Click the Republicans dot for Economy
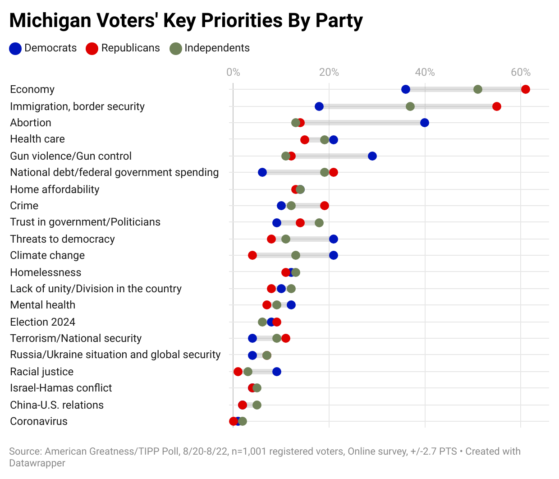coord(525,89)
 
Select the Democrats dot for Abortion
coord(424,123)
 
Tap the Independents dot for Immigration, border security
coord(410,106)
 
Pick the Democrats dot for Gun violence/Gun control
coord(372,156)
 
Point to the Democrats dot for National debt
coord(262,172)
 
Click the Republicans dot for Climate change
coord(252,255)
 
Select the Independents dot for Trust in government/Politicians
coord(319,223)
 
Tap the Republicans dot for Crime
coord(324,206)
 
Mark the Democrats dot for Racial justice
coord(277,372)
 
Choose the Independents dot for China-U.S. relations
coord(257,405)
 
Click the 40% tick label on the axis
coord(425,72)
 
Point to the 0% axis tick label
coord(233,72)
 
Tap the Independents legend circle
coord(175,49)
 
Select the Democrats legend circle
coord(15,49)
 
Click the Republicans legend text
coord(130,48)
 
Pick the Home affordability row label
coord(55,189)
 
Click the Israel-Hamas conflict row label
coord(61,388)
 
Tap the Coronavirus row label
coord(39,421)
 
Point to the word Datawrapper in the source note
coord(37,463)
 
